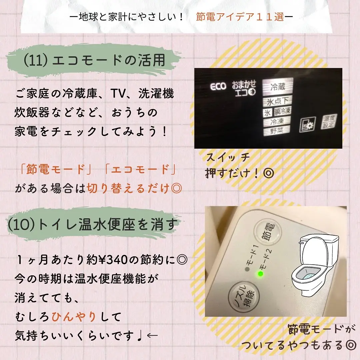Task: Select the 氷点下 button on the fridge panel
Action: point(277,101)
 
